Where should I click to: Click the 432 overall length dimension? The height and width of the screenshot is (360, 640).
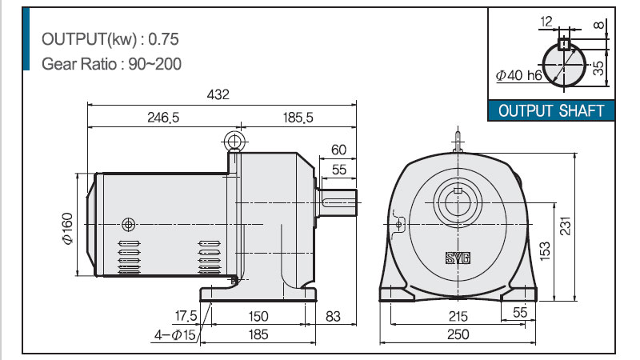click(218, 94)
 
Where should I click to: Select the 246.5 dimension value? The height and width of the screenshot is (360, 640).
click(163, 118)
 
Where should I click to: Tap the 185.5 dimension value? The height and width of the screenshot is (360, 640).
click(298, 118)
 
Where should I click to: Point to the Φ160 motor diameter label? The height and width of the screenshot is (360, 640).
click(68, 228)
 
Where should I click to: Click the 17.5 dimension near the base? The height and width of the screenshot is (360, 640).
click(186, 316)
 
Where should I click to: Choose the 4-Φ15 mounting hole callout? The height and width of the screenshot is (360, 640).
click(175, 335)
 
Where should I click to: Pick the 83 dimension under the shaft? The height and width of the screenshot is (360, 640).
click(333, 316)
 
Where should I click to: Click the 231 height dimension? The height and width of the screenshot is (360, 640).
click(566, 226)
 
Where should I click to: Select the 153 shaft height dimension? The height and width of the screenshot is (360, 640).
click(545, 251)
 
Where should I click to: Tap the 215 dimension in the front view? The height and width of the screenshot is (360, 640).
click(458, 316)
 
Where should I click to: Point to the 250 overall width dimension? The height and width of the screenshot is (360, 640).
click(458, 334)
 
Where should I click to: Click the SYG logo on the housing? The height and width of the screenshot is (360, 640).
click(458, 258)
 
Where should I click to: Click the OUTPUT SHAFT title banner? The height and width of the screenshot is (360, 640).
click(551, 110)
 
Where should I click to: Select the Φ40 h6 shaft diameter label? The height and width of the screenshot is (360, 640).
click(518, 75)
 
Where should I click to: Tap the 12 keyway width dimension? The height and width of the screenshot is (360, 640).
click(546, 22)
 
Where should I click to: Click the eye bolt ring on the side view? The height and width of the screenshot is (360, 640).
click(234, 142)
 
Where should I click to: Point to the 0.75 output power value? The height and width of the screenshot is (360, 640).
click(163, 39)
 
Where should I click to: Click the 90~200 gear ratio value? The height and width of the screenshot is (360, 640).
click(154, 64)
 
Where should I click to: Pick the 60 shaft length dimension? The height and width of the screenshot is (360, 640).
click(338, 150)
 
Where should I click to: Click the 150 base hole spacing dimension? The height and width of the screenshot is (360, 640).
click(258, 316)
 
